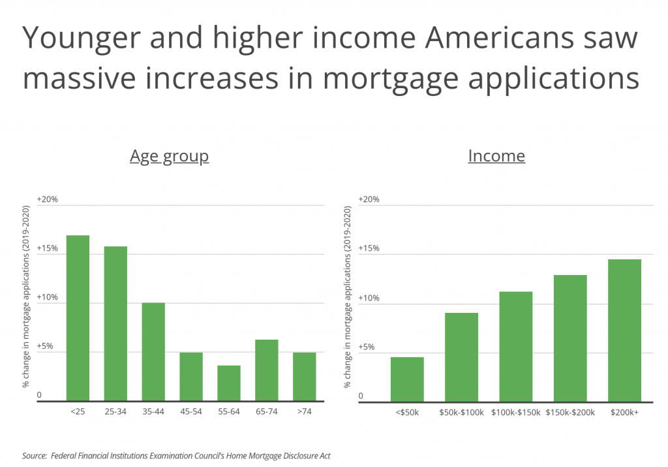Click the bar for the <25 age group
click(x=78, y=318)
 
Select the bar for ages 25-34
click(x=115, y=323)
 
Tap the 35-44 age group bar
click(x=153, y=352)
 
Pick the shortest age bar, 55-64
click(x=229, y=383)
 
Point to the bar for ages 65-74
click(x=267, y=370)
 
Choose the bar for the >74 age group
click(x=305, y=377)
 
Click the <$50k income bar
click(x=407, y=379)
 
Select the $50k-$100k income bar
click(x=461, y=357)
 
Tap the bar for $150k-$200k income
click(x=570, y=338)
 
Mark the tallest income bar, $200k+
click(x=624, y=330)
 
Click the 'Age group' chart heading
click(x=169, y=156)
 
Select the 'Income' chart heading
click(x=496, y=156)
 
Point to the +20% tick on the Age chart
click(x=48, y=199)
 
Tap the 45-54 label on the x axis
click(x=191, y=412)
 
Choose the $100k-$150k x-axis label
click(x=515, y=412)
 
